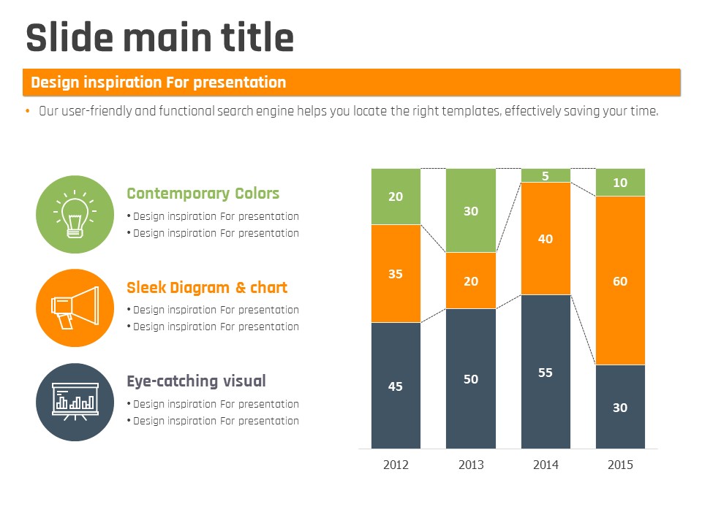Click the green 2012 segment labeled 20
[x=396, y=197]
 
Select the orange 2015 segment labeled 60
[x=620, y=281]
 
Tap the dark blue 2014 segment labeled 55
[x=546, y=372]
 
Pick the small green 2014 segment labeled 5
[x=546, y=175]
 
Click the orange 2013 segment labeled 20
[x=471, y=281]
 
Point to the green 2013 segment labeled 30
[x=471, y=210]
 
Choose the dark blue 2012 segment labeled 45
[x=396, y=386]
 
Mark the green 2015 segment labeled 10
[x=620, y=183]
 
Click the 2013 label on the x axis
[x=471, y=465]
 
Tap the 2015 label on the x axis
[x=620, y=465]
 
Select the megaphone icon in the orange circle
[x=75, y=308]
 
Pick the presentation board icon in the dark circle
[x=75, y=402]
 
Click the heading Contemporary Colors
[x=203, y=194]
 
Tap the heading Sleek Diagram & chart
[x=207, y=288]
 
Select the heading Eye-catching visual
[x=196, y=381]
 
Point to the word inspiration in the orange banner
[x=122, y=83]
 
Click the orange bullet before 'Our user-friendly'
[x=28, y=111]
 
